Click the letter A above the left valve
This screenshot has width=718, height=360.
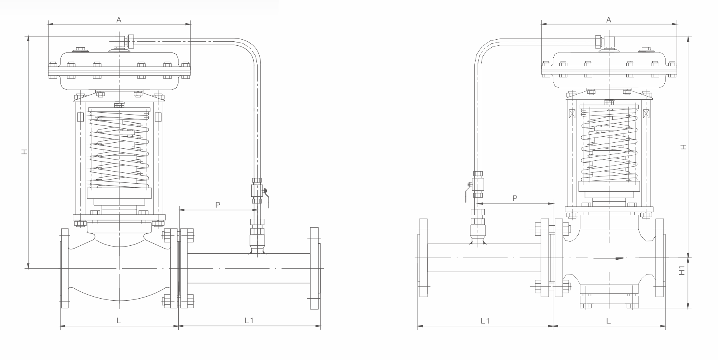coord(119,20)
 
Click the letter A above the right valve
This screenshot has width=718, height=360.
coord(609,20)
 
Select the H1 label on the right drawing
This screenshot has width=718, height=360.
coord(682,271)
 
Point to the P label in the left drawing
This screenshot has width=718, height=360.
coord(218,205)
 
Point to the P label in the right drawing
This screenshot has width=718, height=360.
coord(515,198)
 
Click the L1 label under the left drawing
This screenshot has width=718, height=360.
coord(249,320)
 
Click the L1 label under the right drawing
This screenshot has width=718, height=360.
coord(485,320)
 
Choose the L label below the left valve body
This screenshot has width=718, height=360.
coord(119,320)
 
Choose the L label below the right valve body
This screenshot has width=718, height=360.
coord(609,320)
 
